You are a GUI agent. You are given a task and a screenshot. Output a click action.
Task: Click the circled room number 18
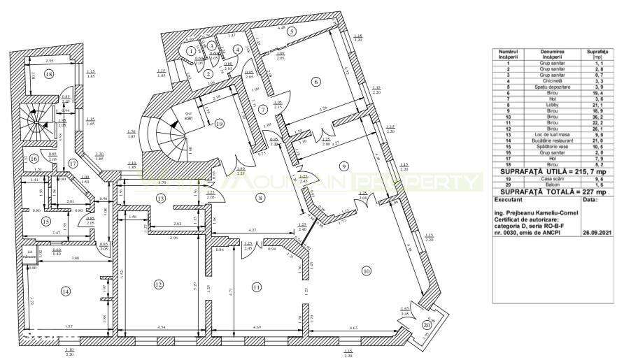coord(48,74)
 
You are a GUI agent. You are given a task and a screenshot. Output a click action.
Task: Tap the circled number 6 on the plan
coord(316,82)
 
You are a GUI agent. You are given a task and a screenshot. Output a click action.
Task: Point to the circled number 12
coord(159,285)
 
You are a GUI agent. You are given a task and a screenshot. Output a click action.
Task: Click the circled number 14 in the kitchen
coord(66,291)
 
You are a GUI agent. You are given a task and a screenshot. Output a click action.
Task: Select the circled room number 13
coord(160,199)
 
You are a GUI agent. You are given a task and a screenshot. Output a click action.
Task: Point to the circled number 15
coord(46,222)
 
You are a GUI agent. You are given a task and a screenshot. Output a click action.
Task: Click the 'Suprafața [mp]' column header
coord(596,54)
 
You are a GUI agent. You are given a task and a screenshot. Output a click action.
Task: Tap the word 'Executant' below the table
coord(509,199)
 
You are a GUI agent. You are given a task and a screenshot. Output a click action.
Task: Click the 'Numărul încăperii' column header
coord(509,54)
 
